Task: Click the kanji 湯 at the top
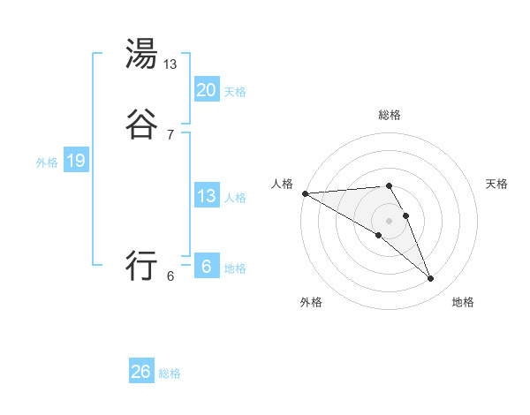142,55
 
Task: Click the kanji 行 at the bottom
142,265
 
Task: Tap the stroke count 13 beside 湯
170,64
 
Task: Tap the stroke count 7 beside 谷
170,134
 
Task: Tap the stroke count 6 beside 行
170,275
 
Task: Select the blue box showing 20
206,90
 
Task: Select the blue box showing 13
206,196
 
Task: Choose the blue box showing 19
76,161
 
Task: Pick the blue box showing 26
141,372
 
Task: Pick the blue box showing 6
206,267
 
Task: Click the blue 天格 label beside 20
235,92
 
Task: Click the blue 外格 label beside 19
47,162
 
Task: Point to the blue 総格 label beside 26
170,373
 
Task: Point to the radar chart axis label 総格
390,115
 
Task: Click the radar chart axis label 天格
496,184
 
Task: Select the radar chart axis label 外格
311,303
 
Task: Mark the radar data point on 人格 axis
305,193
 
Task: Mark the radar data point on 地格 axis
431,279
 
